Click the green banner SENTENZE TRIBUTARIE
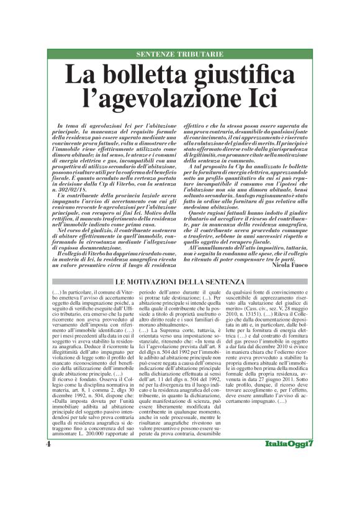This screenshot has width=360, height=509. (179, 55)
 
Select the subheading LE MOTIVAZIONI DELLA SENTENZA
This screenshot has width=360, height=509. (179, 282)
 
